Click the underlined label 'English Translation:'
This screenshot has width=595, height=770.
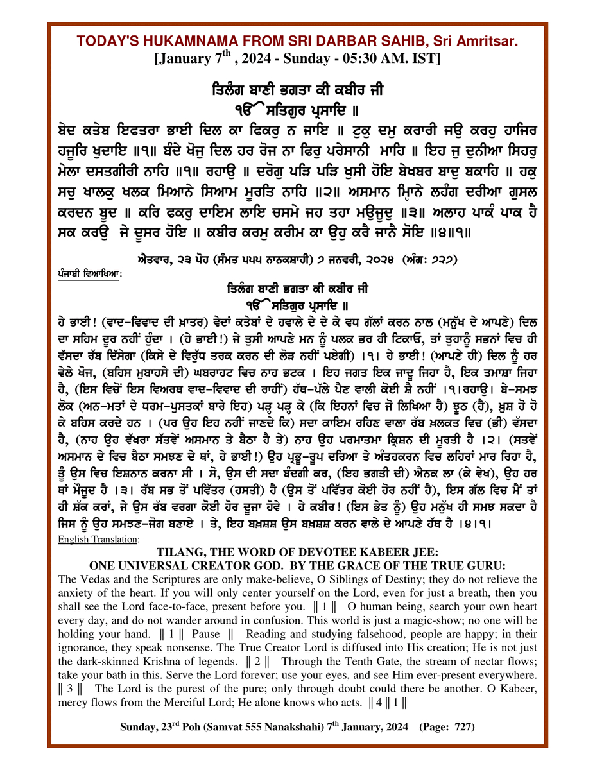(98, 540)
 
